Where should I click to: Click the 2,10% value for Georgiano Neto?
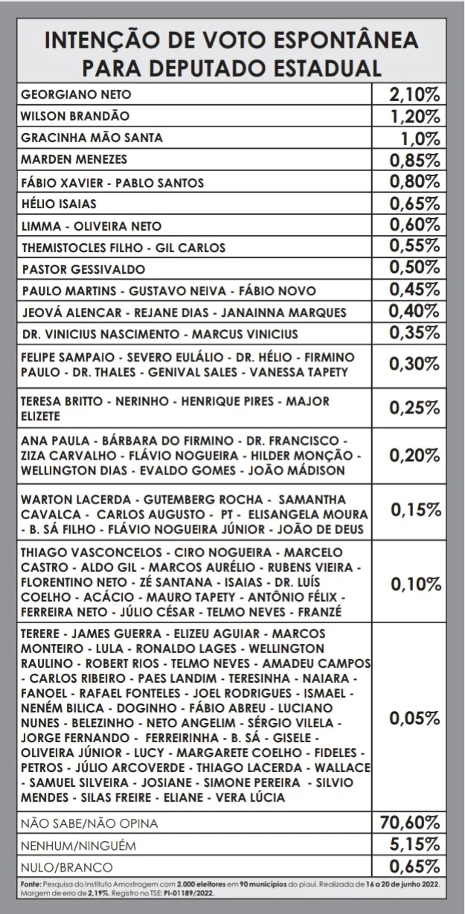point(414,94)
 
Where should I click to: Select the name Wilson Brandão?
point(75,116)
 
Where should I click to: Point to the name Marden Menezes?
point(74,159)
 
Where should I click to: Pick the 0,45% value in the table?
point(414,290)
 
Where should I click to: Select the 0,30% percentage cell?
point(414,363)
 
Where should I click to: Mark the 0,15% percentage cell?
point(414,509)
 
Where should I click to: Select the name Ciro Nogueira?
point(219,553)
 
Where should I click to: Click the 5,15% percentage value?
point(414,845)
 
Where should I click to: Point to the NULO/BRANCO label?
point(67,866)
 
